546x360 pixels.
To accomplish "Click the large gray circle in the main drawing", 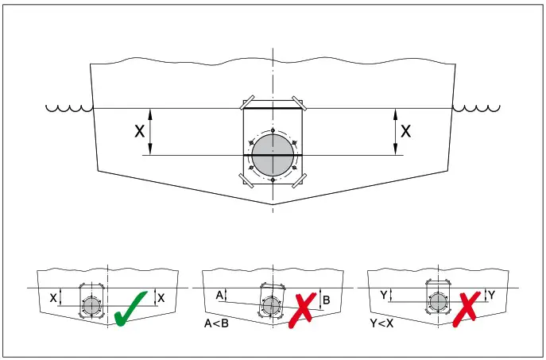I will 273,155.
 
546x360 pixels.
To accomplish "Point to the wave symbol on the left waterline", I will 68,107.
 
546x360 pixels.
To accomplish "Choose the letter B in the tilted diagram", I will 327,300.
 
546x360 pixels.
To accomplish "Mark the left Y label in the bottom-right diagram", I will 384,295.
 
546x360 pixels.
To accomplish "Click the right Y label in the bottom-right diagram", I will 490,295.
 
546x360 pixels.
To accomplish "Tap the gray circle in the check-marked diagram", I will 91,305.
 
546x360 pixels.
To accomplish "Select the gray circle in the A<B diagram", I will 270,304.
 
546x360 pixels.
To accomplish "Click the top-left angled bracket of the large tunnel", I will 248,104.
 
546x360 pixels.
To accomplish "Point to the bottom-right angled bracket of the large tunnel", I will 299,181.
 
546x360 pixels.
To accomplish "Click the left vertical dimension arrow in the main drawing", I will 151,132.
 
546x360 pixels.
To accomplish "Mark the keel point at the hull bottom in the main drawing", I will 273,204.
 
